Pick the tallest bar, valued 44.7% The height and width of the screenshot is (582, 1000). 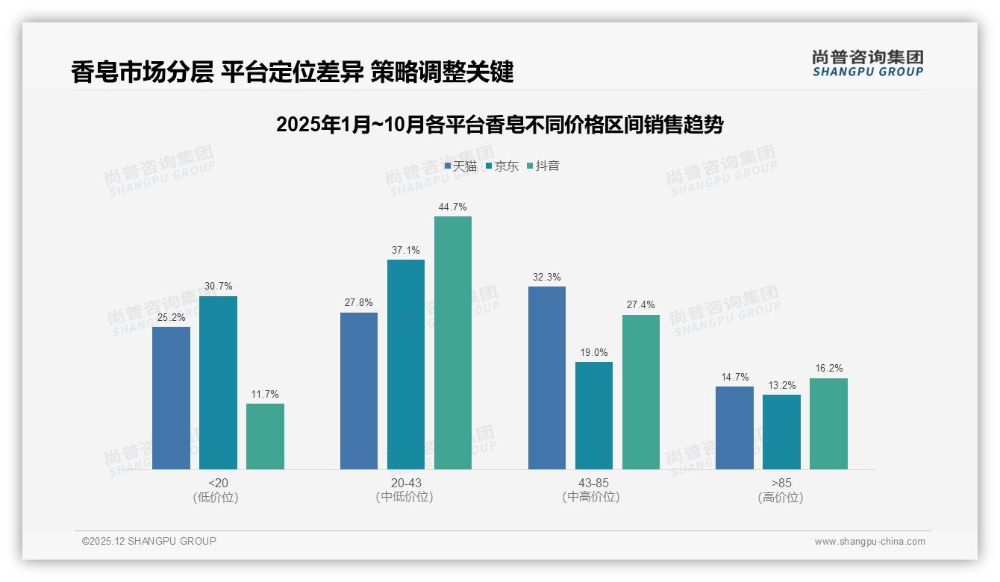(453, 342)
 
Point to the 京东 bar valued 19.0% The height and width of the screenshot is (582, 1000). (594, 416)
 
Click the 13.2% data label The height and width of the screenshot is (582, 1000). (781, 385)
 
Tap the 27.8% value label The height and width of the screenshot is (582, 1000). (359, 303)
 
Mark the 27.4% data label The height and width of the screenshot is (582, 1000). (641, 305)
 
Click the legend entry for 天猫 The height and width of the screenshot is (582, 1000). (460, 166)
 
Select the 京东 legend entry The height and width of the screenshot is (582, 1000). (502, 166)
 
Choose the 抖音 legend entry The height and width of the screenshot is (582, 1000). (543, 166)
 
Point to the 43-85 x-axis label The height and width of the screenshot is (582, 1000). (593, 483)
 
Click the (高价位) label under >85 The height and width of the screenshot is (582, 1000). (781, 497)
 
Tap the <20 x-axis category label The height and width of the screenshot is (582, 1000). (218, 483)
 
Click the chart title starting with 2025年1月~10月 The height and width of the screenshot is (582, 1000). (499, 125)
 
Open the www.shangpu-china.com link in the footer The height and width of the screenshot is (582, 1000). (869, 542)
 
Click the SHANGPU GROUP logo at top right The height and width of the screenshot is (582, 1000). (867, 63)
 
